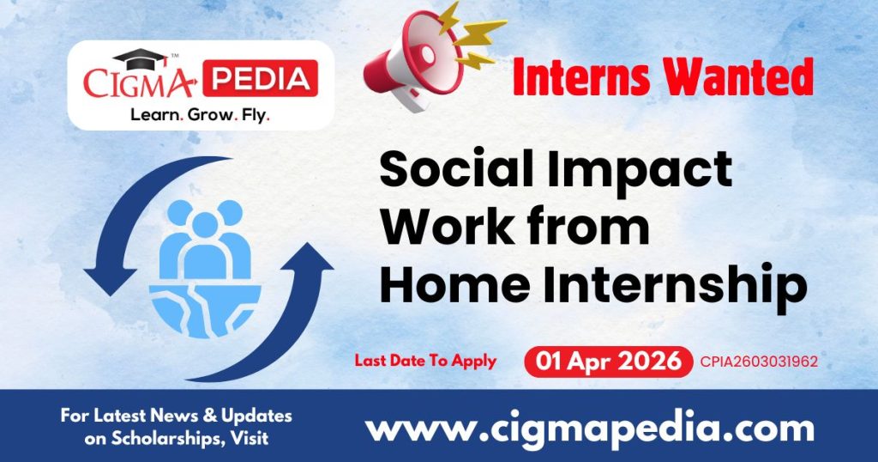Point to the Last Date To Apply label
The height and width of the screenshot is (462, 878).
pyautogui.click(x=425, y=361)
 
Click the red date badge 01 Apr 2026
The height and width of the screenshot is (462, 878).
pyautogui.click(x=608, y=362)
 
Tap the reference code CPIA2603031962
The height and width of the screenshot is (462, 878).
pyautogui.click(x=758, y=362)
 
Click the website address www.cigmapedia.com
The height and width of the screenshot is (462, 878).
pyautogui.click(x=590, y=427)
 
